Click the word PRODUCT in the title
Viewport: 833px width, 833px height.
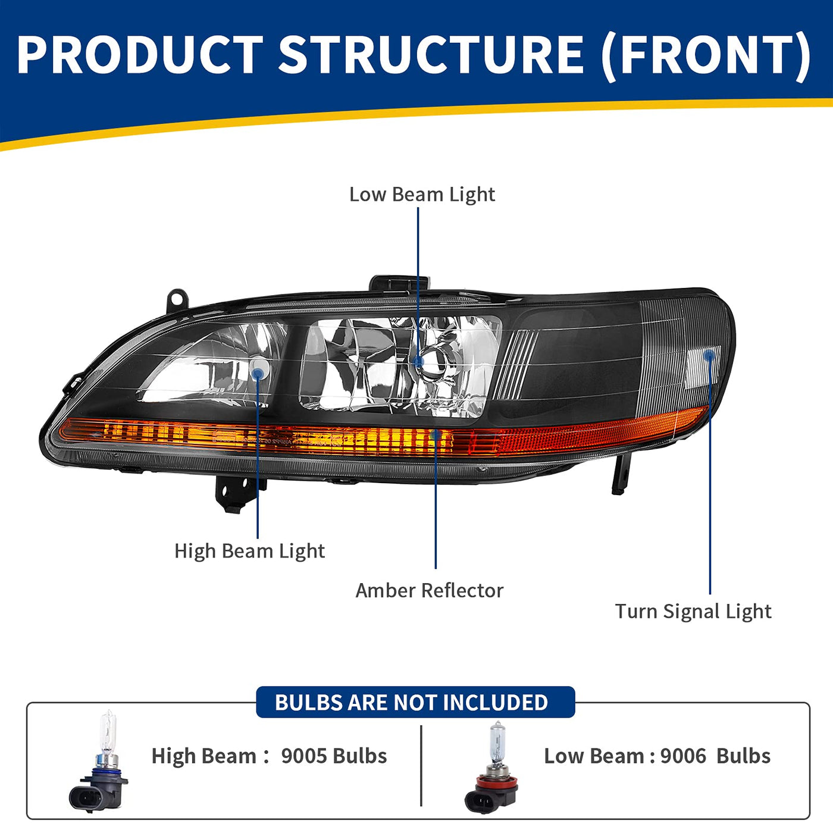140,55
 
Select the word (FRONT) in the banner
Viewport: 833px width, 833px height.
706,56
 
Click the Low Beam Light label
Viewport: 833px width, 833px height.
422,195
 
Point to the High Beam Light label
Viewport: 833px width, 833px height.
249,551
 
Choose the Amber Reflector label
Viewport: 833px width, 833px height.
429,590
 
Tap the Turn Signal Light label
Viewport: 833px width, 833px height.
693,611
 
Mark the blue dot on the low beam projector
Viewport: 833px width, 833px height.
418,361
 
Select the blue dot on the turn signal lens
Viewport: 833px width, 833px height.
709,355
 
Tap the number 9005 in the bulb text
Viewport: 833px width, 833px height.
304,756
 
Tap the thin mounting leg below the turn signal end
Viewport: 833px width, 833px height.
620,474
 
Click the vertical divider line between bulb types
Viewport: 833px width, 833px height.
421,765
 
